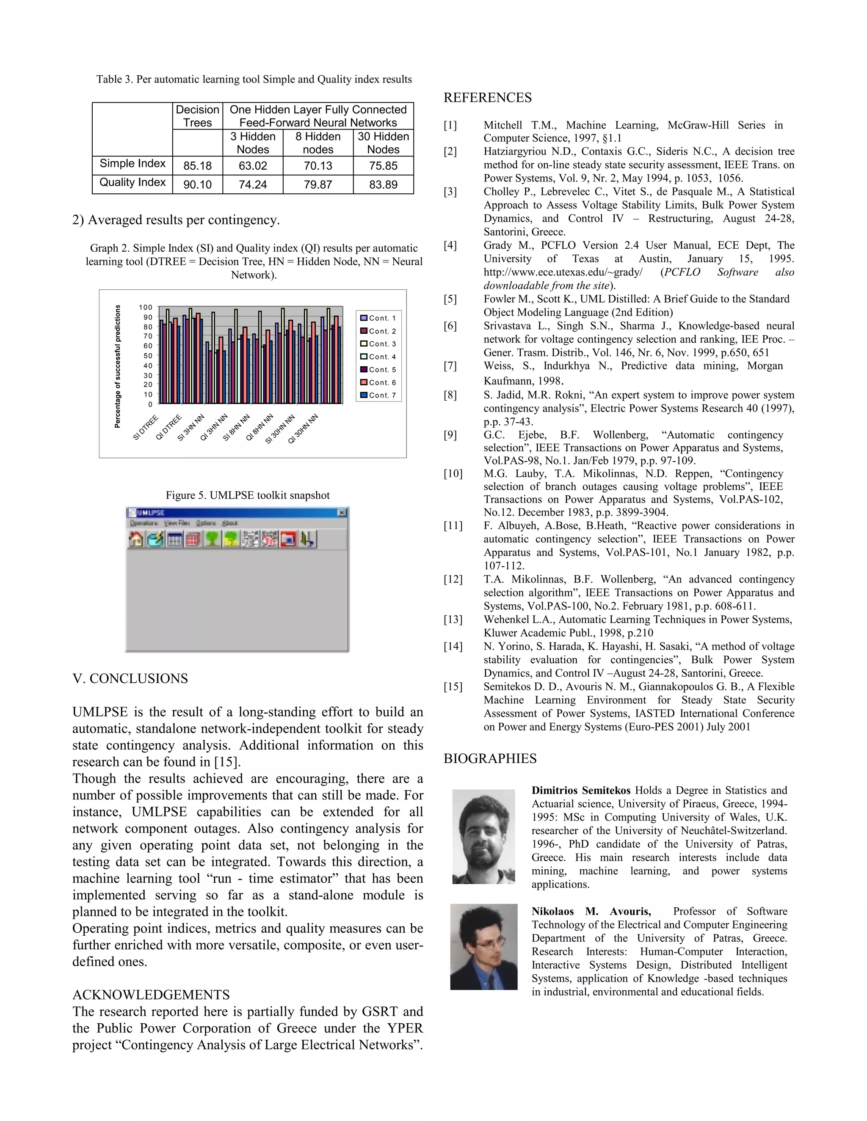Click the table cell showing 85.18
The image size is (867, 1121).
(197, 166)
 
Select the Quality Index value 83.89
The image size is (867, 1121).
(383, 184)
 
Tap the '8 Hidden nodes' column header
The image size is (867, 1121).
(318, 143)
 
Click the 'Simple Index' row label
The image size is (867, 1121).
(133, 163)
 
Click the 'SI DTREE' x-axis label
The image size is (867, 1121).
(145, 428)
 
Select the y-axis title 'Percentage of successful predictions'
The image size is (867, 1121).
(118, 366)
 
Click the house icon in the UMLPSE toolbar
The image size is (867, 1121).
(136, 539)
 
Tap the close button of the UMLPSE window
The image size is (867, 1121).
(342, 512)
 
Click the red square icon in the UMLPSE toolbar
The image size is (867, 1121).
(288, 539)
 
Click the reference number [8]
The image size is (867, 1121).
(450, 395)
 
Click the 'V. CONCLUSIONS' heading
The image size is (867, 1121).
(130, 679)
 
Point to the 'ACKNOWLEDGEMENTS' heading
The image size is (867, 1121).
(151, 995)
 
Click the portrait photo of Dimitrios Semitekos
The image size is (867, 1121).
(483, 836)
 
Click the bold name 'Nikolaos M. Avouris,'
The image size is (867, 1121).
(591, 912)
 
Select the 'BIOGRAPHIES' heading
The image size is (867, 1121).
(490, 758)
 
